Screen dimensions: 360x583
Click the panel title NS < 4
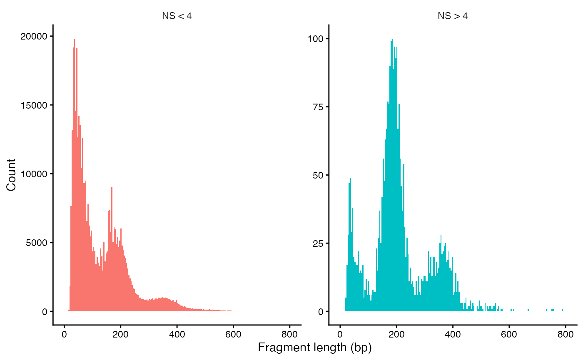point(177,17)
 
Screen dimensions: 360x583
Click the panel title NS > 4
point(453,17)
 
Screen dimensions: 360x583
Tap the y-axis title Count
point(11,175)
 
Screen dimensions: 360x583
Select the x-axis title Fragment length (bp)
point(314,348)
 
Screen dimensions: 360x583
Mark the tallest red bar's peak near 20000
point(75,40)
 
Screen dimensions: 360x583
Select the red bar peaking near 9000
point(112,189)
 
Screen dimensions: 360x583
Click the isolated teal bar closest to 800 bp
point(562,310)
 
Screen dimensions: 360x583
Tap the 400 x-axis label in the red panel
point(177,334)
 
